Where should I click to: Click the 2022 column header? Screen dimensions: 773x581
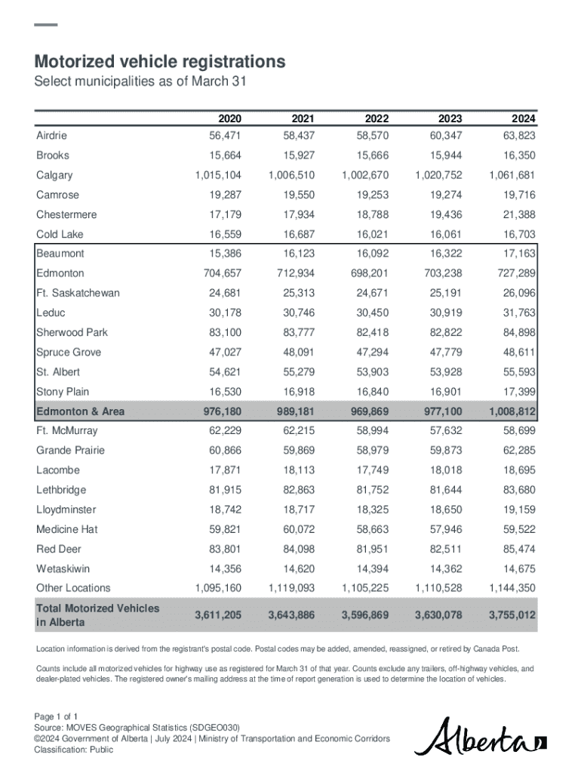377,119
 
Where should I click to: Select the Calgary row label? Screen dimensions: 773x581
54,175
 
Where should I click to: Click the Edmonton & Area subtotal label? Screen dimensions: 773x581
80,411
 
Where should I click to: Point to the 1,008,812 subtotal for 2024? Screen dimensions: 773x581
512,411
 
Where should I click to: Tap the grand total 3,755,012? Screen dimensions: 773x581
512,615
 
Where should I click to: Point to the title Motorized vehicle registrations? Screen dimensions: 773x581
160,61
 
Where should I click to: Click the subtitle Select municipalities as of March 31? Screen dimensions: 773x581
141,82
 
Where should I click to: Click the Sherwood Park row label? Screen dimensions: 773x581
72,332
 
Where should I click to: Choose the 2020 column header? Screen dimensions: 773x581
230,119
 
